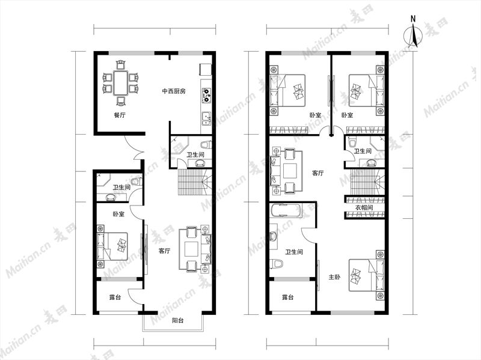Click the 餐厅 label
point(120,115)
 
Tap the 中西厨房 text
point(174,91)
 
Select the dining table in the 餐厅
point(121,83)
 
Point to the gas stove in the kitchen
point(206,95)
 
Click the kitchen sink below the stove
point(206,118)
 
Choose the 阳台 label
point(177,321)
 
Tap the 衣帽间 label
point(364,207)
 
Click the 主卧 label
point(334,277)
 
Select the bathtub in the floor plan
point(286,210)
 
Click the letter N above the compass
point(413,19)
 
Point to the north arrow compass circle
point(412,36)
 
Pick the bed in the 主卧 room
point(367,275)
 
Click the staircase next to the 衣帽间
point(364,182)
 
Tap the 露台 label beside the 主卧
point(288,297)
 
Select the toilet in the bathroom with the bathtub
point(277,263)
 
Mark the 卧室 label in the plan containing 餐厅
point(118,214)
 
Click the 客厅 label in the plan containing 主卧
point(318,173)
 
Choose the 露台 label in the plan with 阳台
point(115,297)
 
